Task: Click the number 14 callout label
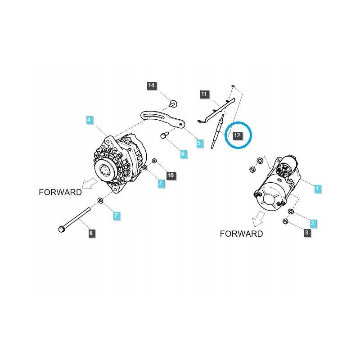pos(151,85)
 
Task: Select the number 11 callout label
pos(204,94)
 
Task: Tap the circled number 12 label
pos(237,135)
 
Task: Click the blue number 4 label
pos(89,120)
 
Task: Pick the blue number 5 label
pos(199,143)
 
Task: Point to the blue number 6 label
pos(183,153)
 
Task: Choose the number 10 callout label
pos(171,175)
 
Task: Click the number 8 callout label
pos(91,233)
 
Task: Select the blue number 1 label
pos(317,189)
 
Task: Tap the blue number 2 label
pos(312,223)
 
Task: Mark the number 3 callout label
pos(307,233)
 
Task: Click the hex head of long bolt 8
pos(61,229)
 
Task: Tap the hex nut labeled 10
pos(154,161)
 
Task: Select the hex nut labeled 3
pos(285,221)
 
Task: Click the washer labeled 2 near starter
pos(291,211)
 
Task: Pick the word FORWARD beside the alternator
pos(60,192)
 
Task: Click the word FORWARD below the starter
pos(241,234)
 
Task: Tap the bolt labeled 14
pos(173,103)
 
